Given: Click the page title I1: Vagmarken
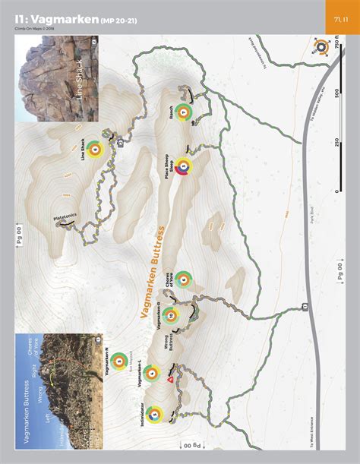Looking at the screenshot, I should click(57, 20).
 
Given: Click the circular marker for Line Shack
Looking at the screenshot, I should click(93, 150).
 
